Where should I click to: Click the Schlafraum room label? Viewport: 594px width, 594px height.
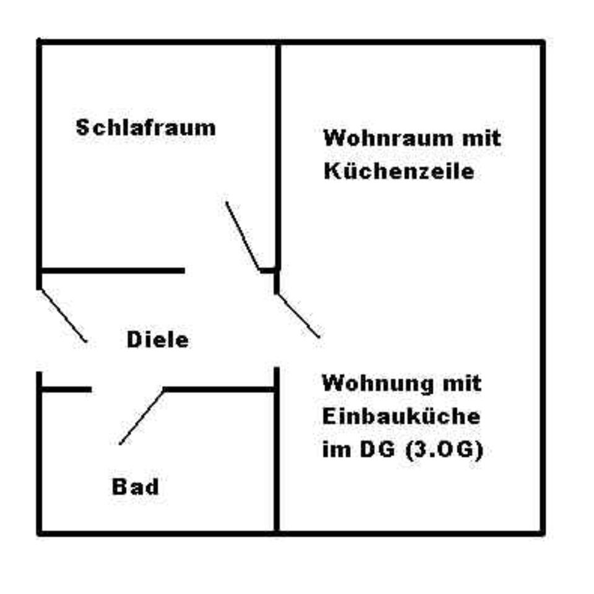tap(146, 128)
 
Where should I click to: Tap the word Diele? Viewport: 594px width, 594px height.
tap(157, 340)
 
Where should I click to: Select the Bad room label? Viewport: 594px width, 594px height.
tap(135, 486)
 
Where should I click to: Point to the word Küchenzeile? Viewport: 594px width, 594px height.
tap(398, 171)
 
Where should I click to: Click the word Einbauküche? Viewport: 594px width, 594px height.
tap(400, 416)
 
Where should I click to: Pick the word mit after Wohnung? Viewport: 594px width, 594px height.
tap(458, 383)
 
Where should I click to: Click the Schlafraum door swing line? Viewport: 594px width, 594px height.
tap(242, 236)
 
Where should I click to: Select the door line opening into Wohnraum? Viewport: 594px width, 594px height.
tap(298, 315)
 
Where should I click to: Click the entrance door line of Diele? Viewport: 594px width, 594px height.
tap(62, 315)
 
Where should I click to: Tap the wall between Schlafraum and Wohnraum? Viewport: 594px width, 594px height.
tap(278, 155)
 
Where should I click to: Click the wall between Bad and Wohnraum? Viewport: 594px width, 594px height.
tap(276, 458)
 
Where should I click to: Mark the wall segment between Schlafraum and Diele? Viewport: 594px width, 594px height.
tap(111, 270)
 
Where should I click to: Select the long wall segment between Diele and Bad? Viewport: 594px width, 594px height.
tap(220, 389)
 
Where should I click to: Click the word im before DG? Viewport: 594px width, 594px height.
tap(334, 450)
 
